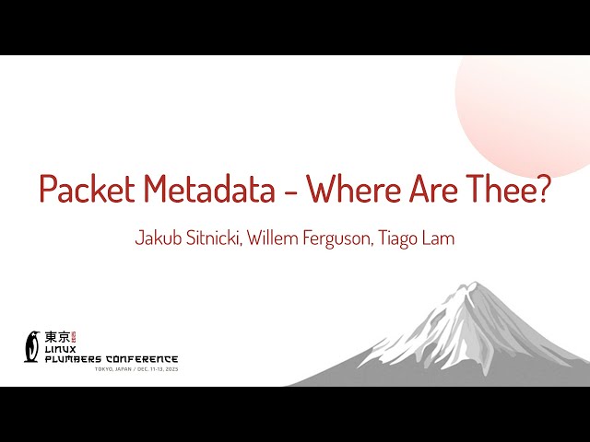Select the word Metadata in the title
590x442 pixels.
214,190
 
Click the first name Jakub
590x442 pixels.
158,238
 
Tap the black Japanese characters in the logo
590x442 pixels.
56,337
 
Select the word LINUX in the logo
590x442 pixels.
64,350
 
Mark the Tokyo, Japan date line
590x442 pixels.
136,369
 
